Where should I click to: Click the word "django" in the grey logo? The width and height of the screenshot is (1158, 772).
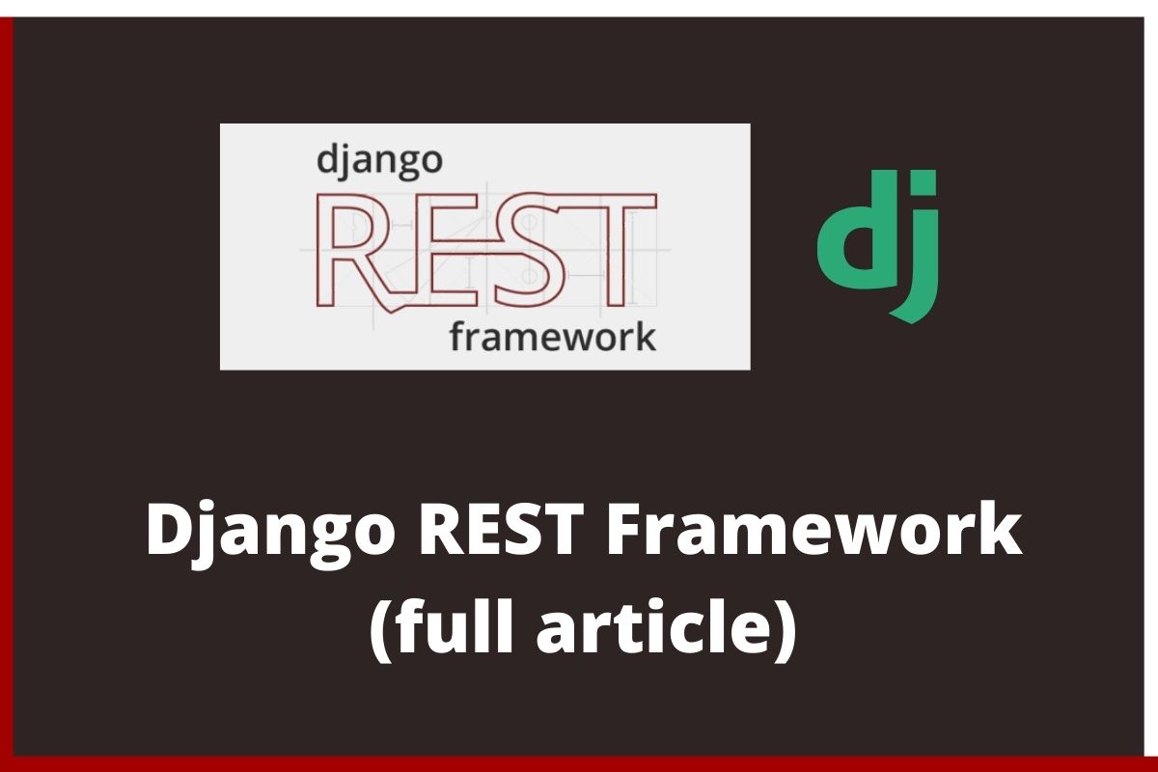coord(379,162)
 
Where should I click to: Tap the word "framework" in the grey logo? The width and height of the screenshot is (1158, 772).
coord(553,337)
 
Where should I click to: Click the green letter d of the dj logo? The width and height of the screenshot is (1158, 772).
coord(853,229)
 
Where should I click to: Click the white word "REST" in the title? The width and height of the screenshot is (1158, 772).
coord(501,529)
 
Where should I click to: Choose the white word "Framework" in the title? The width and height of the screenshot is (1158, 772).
coord(814,528)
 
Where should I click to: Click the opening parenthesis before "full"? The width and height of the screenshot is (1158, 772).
coord(380,629)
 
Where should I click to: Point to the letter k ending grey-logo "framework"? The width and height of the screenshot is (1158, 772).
coord(646,335)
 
